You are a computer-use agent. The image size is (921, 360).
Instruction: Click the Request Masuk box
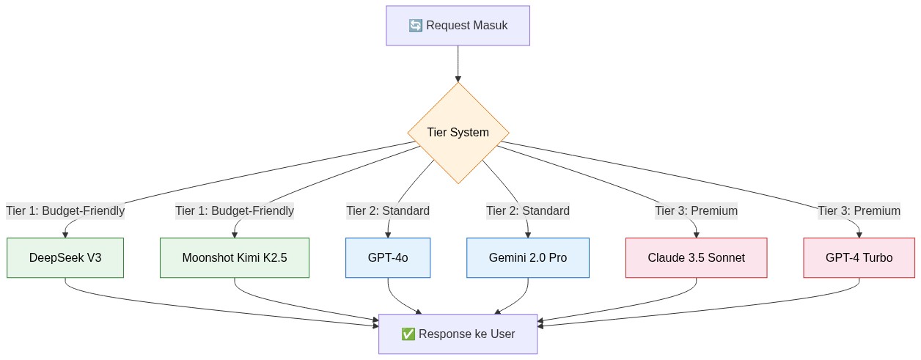pyautogui.click(x=458, y=26)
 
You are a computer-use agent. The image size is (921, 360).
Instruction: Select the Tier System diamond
pyautogui.click(x=458, y=133)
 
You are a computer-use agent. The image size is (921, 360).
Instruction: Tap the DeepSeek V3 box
pyautogui.click(x=65, y=258)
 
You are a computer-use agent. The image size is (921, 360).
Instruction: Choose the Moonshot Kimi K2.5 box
pyautogui.click(x=235, y=258)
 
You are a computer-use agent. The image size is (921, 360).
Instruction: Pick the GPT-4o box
pyautogui.click(x=388, y=258)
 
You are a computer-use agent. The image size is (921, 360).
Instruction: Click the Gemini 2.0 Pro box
pyautogui.click(x=528, y=258)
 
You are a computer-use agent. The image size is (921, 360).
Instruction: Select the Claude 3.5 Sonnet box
pyautogui.click(x=696, y=258)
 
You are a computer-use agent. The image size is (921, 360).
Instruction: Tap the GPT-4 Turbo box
pyautogui.click(x=859, y=258)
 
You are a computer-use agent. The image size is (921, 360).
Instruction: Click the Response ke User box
pyautogui.click(x=458, y=334)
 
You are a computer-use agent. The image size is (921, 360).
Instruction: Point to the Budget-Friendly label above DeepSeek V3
pyautogui.click(x=65, y=211)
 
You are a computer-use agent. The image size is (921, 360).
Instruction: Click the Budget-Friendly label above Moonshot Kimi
pyautogui.click(x=235, y=211)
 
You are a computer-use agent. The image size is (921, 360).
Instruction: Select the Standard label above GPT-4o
pyautogui.click(x=388, y=211)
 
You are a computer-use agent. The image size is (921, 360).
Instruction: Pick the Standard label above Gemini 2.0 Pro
pyautogui.click(x=528, y=211)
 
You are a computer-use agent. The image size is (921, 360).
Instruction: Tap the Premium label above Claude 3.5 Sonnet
pyautogui.click(x=696, y=211)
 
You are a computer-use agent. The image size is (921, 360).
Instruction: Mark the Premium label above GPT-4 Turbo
pyautogui.click(x=859, y=211)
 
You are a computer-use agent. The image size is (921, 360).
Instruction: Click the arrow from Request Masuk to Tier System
pyautogui.click(x=458, y=64)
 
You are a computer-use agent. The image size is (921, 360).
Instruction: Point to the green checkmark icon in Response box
pyautogui.click(x=408, y=334)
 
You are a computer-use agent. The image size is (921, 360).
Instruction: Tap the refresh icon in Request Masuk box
pyautogui.click(x=415, y=26)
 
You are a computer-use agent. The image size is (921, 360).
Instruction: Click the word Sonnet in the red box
pyautogui.click(x=726, y=258)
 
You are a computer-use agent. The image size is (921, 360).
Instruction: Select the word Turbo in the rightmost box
pyautogui.click(x=878, y=258)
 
